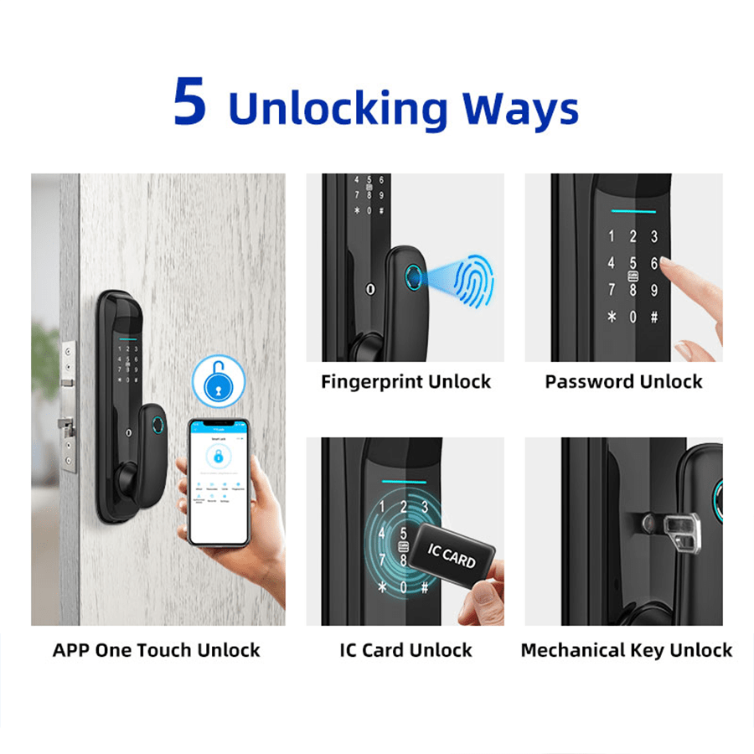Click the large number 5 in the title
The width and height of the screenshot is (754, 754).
(x=189, y=103)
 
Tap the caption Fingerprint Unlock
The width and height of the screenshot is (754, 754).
(x=405, y=382)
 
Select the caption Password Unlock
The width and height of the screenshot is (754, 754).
(x=623, y=382)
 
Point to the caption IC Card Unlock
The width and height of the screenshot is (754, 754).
(x=405, y=650)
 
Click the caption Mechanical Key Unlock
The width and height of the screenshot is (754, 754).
(x=626, y=650)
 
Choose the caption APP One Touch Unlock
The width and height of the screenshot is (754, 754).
(x=157, y=650)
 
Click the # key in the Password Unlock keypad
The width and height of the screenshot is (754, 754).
(x=653, y=318)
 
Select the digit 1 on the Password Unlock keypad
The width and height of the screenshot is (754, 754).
(x=612, y=237)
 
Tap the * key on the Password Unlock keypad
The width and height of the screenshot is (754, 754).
(x=612, y=318)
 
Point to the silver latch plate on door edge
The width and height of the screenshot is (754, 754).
(x=66, y=394)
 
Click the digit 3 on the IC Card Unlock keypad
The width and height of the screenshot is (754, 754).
(x=425, y=507)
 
